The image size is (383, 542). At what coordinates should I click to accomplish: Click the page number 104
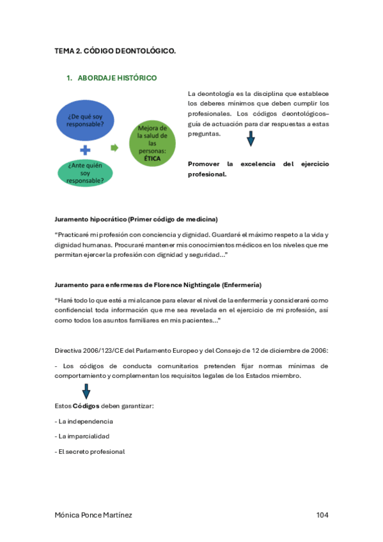point(322,515)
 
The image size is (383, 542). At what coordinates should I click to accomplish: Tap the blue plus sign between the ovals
point(84,150)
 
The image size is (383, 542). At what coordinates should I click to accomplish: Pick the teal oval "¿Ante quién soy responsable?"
point(84,173)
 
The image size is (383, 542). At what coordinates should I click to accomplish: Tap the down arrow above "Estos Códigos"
point(86,391)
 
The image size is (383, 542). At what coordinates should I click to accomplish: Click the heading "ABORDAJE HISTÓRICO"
point(117,78)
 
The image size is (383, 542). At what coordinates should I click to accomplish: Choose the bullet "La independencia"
point(84,421)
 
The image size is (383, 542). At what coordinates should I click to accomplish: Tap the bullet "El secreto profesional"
point(90,451)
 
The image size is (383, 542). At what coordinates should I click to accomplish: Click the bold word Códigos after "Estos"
point(86,406)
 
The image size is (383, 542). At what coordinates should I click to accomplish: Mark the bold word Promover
point(203,164)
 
